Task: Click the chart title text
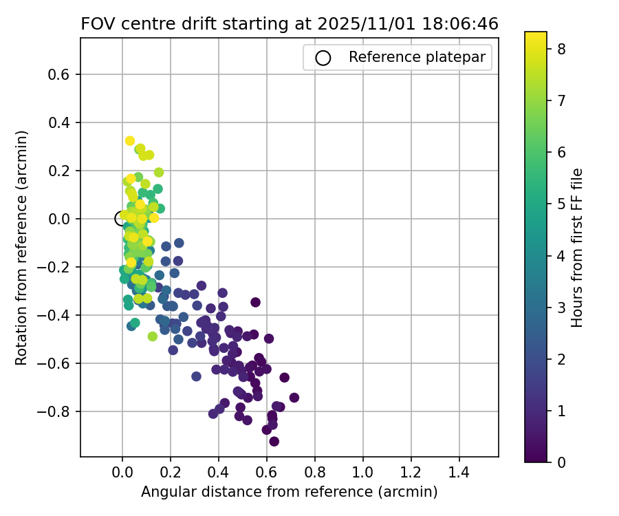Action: [x=289, y=23]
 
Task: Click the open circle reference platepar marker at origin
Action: [x=122, y=219]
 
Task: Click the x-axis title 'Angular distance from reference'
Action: [x=289, y=493]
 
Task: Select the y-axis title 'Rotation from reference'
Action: [x=21, y=248]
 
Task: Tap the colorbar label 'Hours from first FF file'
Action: [x=578, y=248]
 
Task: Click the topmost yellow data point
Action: [x=130, y=141]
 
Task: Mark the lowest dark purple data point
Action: [x=274, y=441]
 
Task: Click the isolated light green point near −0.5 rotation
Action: [x=152, y=336]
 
